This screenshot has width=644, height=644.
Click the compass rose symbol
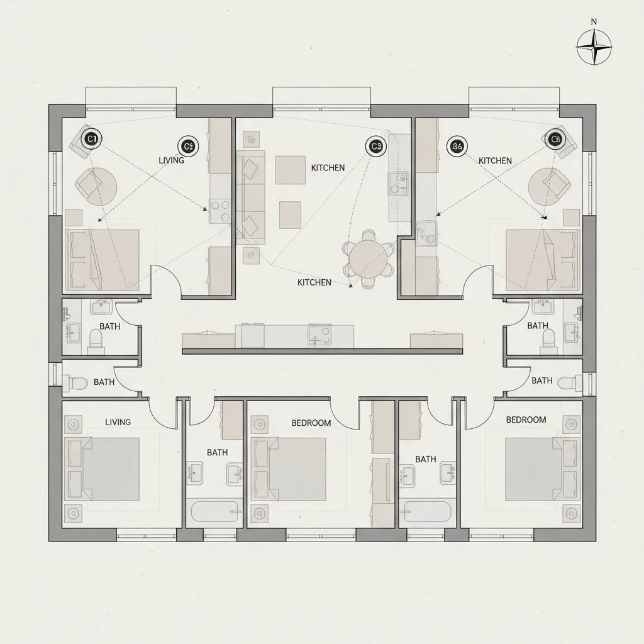(x=594, y=48)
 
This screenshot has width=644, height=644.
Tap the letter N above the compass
(x=594, y=21)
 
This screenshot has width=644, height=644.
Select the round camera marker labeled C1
(x=92, y=138)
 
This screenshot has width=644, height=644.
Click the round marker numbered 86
(x=457, y=147)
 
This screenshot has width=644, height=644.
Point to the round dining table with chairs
(x=369, y=257)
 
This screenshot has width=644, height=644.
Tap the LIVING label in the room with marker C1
(x=171, y=160)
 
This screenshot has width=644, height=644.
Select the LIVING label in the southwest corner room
(x=118, y=422)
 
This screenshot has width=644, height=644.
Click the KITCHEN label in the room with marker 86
(x=495, y=161)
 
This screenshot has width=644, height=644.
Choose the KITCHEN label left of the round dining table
(x=314, y=282)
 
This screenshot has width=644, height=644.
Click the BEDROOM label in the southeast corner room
(x=526, y=419)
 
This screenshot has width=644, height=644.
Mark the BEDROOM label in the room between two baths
(x=311, y=423)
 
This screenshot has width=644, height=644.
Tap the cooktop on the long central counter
(x=319, y=335)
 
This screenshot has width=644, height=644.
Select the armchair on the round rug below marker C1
(x=89, y=184)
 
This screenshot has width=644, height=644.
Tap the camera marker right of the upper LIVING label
(x=187, y=147)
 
